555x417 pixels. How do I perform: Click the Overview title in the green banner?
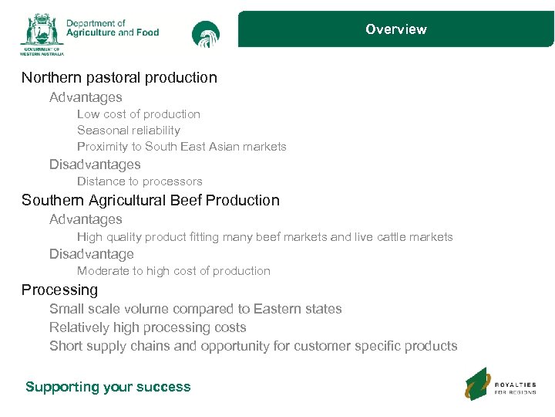pyautogui.click(x=395, y=29)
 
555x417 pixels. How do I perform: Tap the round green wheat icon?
pyautogui.click(x=206, y=34)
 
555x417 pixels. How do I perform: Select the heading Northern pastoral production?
pyautogui.click(x=119, y=78)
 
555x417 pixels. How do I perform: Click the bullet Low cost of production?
pyautogui.click(x=139, y=114)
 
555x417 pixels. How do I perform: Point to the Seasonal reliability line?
pyautogui.click(x=129, y=131)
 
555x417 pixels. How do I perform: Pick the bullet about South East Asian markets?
pyautogui.click(x=182, y=147)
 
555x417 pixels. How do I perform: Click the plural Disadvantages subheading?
pyautogui.click(x=95, y=164)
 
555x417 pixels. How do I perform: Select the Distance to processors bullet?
pyautogui.click(x=140, y=181)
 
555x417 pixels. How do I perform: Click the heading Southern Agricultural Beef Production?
pyautogui.click(x=150, y=201)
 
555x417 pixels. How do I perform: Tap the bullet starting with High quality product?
pyautogui.click(x=265, y=237)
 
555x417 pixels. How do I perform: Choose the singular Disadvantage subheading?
pyautogui.click(x=92, y=254)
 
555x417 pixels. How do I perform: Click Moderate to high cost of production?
pyautogui.click(x=173, y=271)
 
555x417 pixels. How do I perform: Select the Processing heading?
pyautogui.click(x=60, y=290)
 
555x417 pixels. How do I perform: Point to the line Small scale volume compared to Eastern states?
pyautogui.click(x=196, y=309)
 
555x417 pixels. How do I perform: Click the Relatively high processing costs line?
pyautogui.click(x=148, y=327)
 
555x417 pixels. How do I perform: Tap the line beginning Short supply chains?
pyautogui.click(x=254, y=346)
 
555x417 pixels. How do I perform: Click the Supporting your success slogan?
pyautogui.click(x=108, y=387)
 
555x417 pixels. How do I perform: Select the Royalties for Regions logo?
pyautogui.click(x=502, y=384)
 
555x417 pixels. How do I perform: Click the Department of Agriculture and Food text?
pyautogui.click(x=113, y=29)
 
